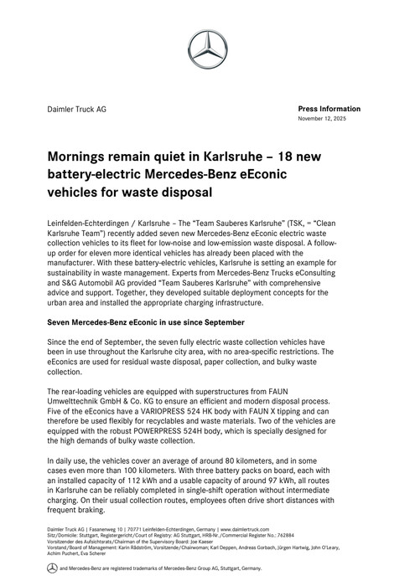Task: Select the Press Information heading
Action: tap(329, 109)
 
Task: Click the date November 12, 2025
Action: tap(329, 120)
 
